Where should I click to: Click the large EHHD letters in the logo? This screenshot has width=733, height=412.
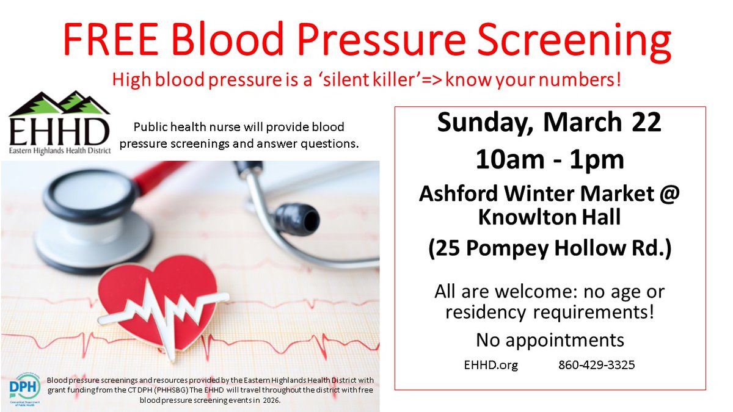pyautogui.click(x=59, y=131)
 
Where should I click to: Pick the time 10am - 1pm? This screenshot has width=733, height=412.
pyautogui.click(x=549, y=160)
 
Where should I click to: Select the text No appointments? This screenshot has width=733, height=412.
pyautogui.click(x=550, y=339)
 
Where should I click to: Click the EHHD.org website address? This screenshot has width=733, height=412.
pyautogui.click(x=491, y=365)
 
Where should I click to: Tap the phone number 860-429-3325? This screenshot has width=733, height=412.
pyautogui.click(x=596, y=365)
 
